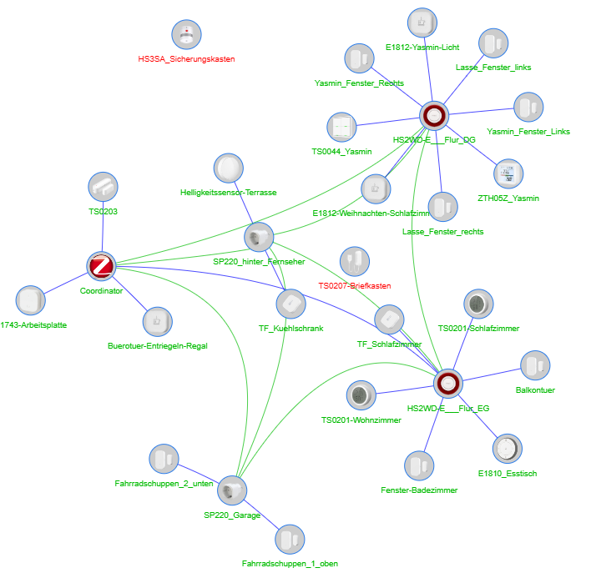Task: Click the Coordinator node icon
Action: click(x=101, y=267)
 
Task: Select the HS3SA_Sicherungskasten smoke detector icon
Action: click(x=186, y=35)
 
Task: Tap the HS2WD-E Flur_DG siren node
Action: click(x=434, y=117)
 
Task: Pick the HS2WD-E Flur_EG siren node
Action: click(x=447, y=384)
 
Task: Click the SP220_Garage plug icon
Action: click(x=233, y=490)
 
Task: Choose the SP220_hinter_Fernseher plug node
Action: click(x=258, y=238)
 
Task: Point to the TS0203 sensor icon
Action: click(x=103, y=188)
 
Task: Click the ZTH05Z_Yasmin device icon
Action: click(x=508, y=174)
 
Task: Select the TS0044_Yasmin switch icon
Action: click(x=341, y=128)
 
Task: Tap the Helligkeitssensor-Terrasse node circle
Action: click(x=228, y=168)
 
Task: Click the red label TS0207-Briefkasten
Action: click(x=355, y=286)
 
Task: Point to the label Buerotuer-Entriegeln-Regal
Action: click(x=157, y=346)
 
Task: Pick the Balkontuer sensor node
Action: click(x=536, y=365)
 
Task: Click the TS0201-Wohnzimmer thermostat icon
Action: click(x=361, y=396)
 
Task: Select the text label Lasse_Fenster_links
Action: click(x=493, y=67)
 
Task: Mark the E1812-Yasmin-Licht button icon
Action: click(x=422, y=23)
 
